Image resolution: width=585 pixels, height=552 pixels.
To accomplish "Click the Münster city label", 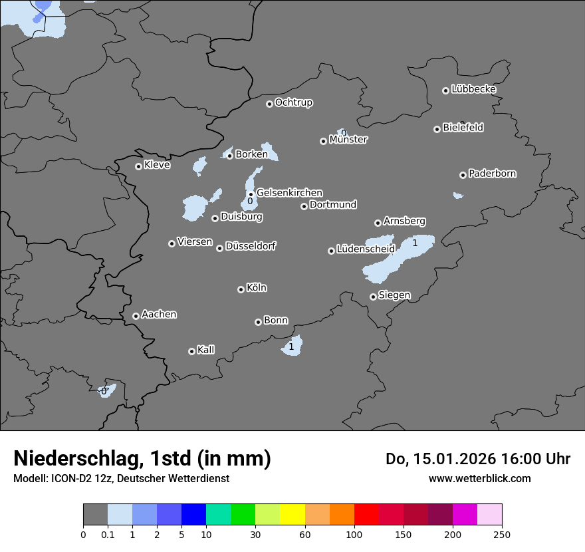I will pyautogui.click(x=348, y=140).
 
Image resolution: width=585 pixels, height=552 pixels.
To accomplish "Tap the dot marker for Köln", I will pyautogui.click(x=241, y=289).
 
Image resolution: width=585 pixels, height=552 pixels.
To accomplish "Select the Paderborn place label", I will pyautogui.click(x=492, y=174).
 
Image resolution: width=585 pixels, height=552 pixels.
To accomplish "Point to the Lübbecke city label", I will pyautogui.click(x=473, y=89).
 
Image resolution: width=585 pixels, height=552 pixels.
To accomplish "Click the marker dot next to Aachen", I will pyautogui.click(x=136, y=316).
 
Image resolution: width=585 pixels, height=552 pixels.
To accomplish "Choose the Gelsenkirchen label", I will pyautogui.click(x=289, y=193).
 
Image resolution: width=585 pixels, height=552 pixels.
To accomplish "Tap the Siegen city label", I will pyautogui.click(x=394, y=295).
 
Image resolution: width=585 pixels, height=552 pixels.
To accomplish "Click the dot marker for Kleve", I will pyautogui.click(x=138, y=166).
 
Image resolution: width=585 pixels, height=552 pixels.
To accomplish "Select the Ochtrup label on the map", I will pyautogui.click(x=293, y=102).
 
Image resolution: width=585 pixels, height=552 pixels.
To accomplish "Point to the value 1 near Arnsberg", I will pyautogui.click(x=415, y=243).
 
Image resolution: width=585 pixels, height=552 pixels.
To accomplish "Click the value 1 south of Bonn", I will pyautogui.click(x=291, y=346).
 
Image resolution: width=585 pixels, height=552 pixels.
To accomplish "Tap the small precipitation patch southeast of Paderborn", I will pyautogui.click(x=457, y=196).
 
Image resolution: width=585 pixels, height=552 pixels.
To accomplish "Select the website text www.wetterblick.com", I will pyautogui.click(x=479, y=478).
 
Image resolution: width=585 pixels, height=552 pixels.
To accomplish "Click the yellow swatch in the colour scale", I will pyautogui.click(x=292, y=515).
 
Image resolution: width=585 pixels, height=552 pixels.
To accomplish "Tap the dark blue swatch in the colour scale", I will pyautogui.click(x=193, y=515).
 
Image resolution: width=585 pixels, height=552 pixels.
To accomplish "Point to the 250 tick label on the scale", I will pyautogui.click(x=502, y=534).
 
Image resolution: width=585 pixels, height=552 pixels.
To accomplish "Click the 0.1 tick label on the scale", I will pyautogui.click(x=108, y=534).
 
